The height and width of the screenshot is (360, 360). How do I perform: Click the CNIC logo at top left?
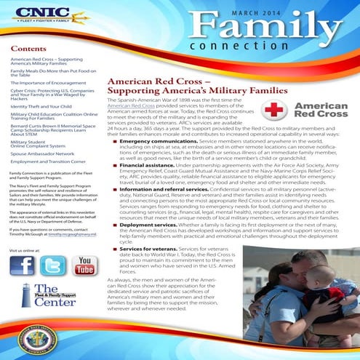(x=38, y=15)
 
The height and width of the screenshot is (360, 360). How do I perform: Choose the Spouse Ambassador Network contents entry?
(x=42, y=153)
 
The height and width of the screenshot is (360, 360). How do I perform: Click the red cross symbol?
(x=280, y=110)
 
